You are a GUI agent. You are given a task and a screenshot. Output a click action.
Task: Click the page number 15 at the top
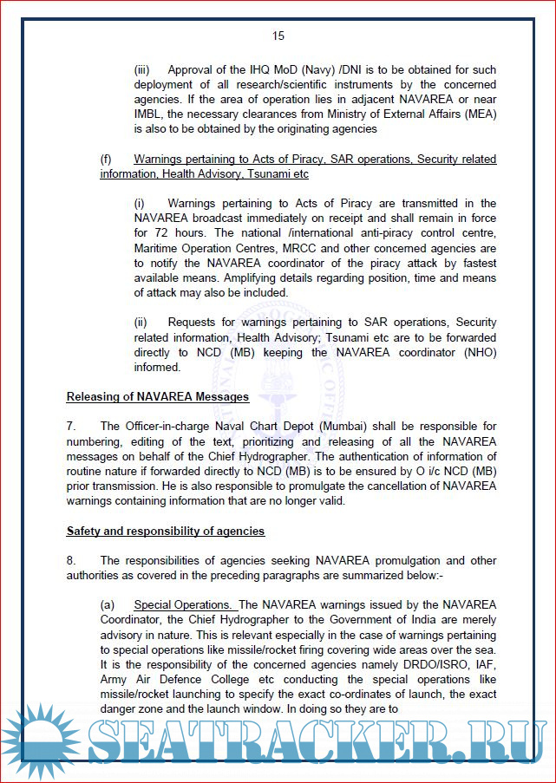tap(278, 36)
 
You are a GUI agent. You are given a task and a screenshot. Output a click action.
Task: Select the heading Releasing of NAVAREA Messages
tap(158, 396)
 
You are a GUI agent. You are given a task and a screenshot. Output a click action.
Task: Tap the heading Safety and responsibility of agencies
tap(166, 530)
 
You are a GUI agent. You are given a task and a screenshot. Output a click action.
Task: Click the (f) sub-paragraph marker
tap(106, 159)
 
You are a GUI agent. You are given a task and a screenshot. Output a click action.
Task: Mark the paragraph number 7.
tap(72, 426)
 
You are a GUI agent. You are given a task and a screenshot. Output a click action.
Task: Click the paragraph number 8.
tap(72, 560)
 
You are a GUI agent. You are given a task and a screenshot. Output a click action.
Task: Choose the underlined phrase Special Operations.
tap(182, 604)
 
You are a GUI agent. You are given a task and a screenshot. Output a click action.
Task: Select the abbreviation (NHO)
tap(478, 352)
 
